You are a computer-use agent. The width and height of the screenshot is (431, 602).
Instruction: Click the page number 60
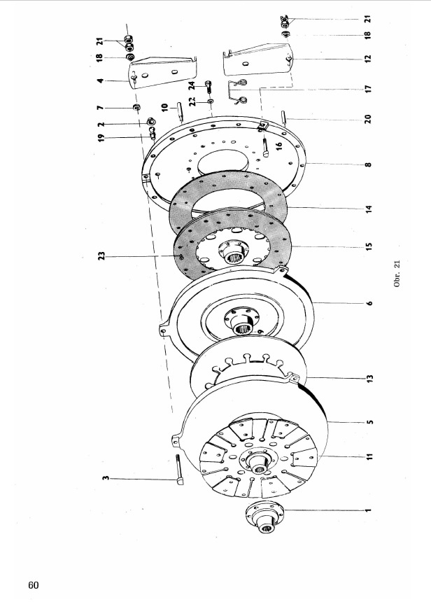34,584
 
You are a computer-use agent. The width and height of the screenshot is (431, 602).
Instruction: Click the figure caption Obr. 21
397,274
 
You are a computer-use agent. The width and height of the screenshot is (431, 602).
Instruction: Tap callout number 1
369,510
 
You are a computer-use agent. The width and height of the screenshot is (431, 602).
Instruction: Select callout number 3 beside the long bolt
105,478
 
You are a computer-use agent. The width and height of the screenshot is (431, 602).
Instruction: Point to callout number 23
101,255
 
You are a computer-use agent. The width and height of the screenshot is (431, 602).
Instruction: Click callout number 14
369,209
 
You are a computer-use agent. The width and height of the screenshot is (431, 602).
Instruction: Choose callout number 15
369,246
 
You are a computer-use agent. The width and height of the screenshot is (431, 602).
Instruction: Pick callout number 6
369,303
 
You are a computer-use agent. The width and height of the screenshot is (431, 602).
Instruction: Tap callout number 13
369,378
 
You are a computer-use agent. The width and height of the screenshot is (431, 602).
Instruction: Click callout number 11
369,456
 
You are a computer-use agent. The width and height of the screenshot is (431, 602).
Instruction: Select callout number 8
368,164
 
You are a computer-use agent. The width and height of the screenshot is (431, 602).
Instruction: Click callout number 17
368,89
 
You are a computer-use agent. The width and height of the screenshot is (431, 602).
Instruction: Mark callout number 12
368,58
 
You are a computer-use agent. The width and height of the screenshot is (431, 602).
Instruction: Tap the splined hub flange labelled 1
264,517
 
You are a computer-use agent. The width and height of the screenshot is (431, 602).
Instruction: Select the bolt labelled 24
209,87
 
